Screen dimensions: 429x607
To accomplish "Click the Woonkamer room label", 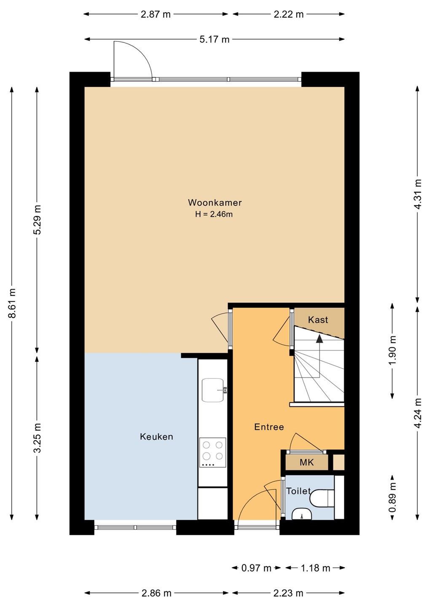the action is pyautogui.click(x=215, y=202).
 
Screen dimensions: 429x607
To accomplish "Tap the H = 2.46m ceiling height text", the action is pyautogui.click(x=214, y=214).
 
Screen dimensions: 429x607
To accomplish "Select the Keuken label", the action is pyautogui.click(x=156, y=437).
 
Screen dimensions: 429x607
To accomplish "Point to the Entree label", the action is pyautogui.click(x=269, y=427).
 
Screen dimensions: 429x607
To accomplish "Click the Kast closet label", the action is pyautogui.click(x=318, y=320).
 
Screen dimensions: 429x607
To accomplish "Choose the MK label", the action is pyautogui.click(x=307, y=462).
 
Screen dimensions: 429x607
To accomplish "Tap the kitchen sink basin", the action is pyautogui.click(x=213, y=390).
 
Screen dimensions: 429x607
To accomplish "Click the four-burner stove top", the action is pyautogui.click(x=213, y=452).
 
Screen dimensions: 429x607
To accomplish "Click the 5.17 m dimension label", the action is pyautogui.click(x=214, y=40).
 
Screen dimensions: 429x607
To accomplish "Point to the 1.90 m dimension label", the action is pyautogui.click(x=392, y=350).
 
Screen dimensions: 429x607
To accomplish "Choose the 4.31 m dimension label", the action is pyautogui.click(x=418, y=194).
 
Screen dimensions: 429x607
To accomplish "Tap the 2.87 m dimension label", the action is pyautogui.click(x=156, y=14).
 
